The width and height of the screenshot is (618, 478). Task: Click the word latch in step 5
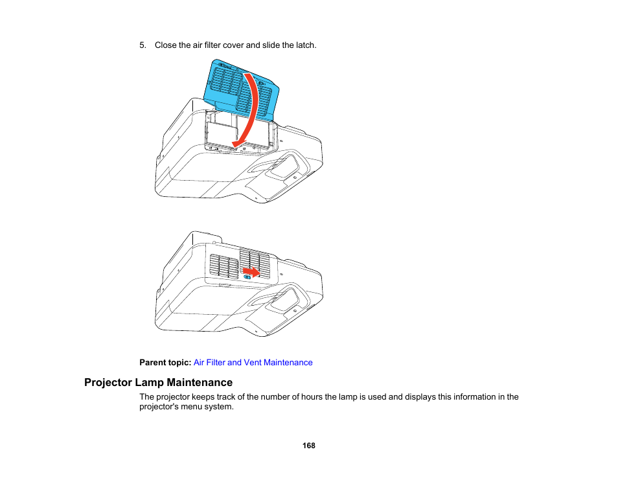tap(305, 45)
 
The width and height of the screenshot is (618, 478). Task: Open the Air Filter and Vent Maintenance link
tap(253, 363)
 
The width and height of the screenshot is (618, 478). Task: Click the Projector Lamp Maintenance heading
tap(158, 382)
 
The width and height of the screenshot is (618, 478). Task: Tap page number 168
tap(308, 446)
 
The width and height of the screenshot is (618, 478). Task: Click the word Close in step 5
tap(165, 45)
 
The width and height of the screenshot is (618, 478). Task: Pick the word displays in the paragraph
tap(421, 397)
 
